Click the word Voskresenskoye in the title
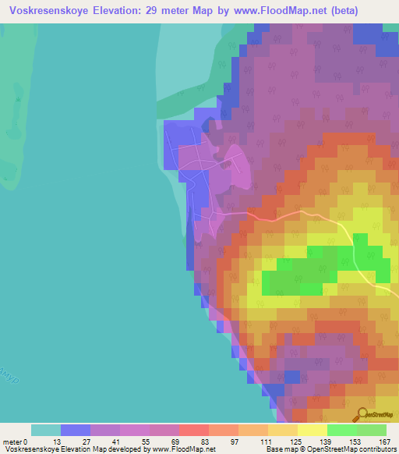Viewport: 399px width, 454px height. click(50, 10)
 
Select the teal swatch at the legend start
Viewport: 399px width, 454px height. click(46, 430)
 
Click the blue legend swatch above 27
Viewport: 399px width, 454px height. click(76, 430)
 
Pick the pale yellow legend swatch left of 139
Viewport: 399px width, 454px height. click(282, 430)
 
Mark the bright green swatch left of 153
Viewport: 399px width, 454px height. click(341, 430)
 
